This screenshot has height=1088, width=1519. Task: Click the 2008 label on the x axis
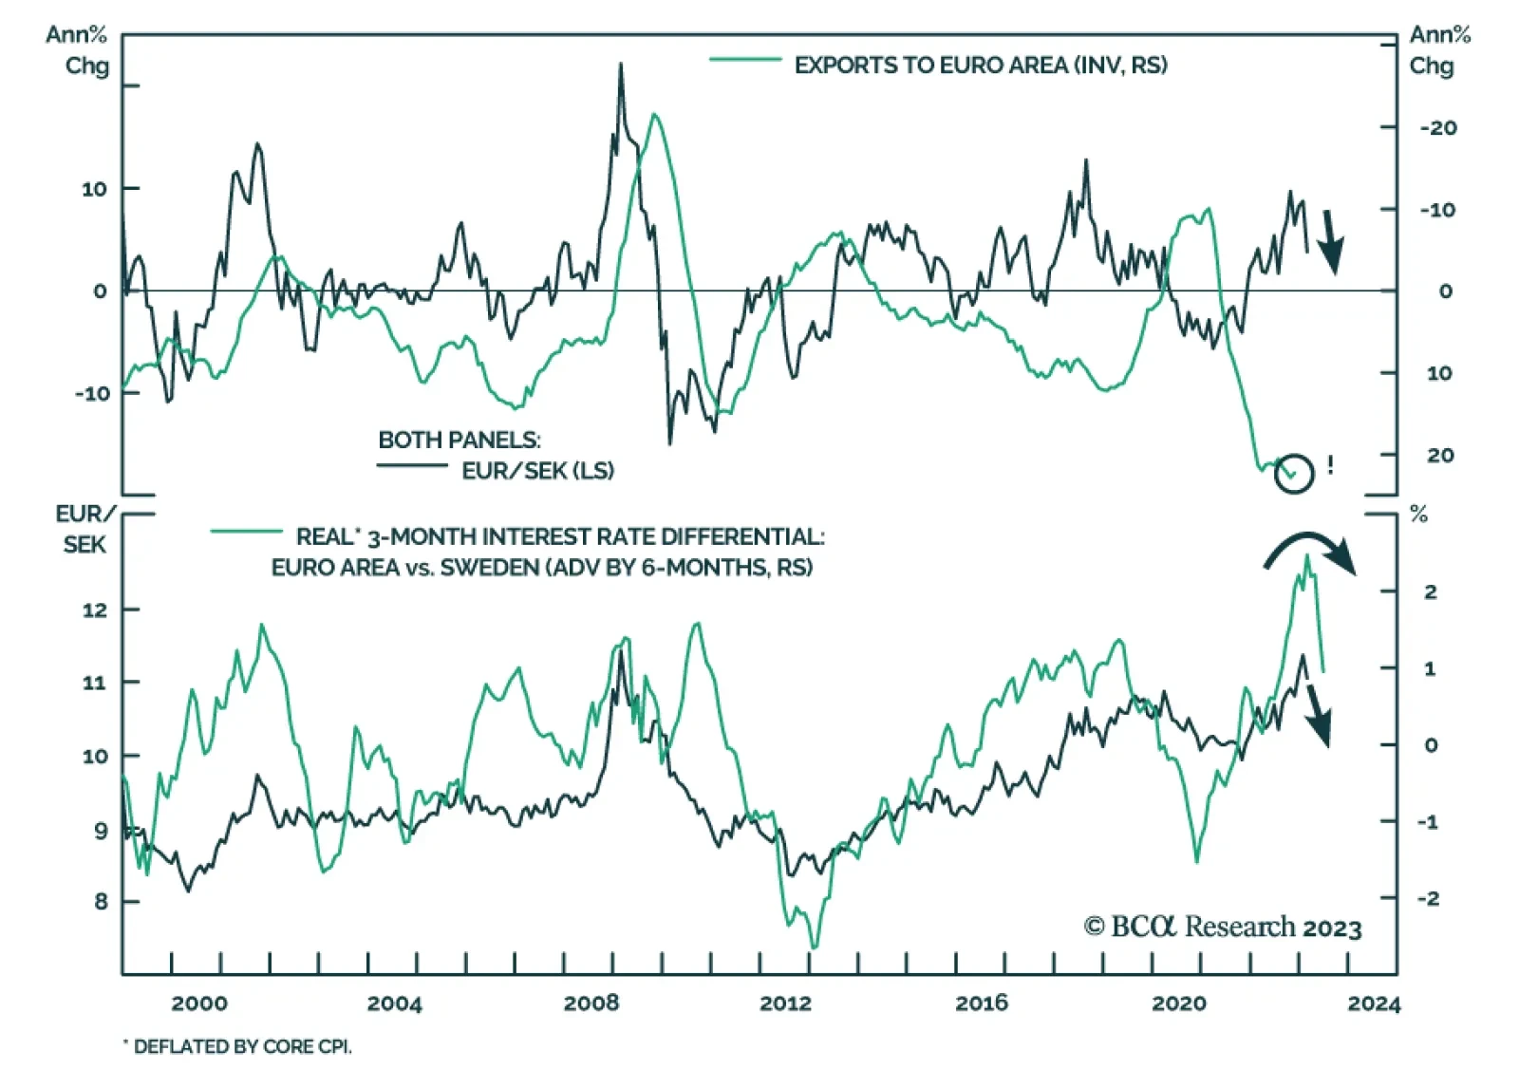[591, 1004]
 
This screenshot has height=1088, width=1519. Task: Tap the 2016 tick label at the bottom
[982, 1004]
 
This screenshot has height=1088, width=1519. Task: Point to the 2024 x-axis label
[1373, 1004]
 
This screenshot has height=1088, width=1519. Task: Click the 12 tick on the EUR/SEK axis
[95, 610]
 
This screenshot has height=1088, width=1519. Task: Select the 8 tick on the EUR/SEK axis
[101, 901]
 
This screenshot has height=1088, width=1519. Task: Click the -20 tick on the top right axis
[1438, 128]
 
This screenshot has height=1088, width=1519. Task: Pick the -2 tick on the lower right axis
[1428, 898]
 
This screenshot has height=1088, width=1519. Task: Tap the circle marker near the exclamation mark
[1293, 473]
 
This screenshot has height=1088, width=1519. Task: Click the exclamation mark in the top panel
[1330, 465]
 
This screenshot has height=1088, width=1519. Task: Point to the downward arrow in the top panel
[1331, 242]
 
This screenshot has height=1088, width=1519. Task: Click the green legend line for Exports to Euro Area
[745, 61]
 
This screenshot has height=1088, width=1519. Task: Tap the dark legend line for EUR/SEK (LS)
[412, 465]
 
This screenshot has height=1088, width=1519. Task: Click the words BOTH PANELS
[459, 441]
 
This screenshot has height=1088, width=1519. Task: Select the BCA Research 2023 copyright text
[1223, 928]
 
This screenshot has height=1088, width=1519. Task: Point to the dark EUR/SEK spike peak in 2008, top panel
[621, 65]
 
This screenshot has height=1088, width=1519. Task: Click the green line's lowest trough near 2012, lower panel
[814, 947]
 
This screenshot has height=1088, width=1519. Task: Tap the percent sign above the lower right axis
[1419, 516]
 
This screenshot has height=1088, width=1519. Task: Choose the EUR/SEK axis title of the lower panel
[85, 529]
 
